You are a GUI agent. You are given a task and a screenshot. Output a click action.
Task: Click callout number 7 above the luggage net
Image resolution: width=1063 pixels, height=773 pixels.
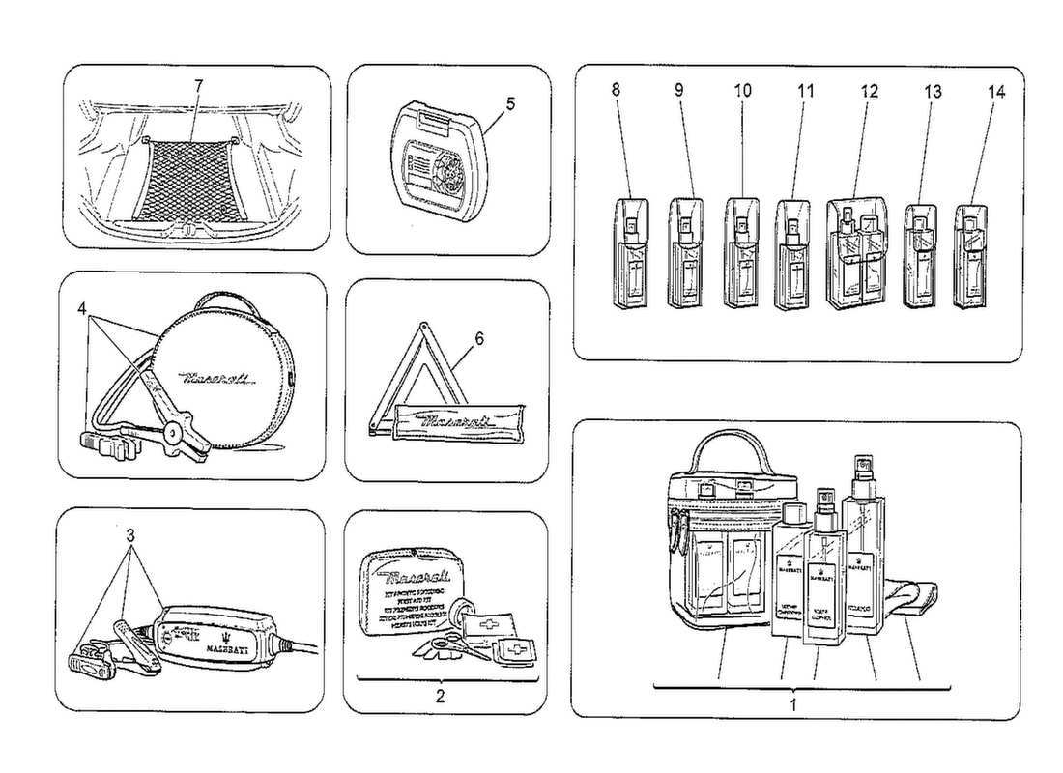197,86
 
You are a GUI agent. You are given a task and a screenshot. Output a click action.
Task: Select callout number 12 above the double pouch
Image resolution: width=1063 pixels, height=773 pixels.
870,91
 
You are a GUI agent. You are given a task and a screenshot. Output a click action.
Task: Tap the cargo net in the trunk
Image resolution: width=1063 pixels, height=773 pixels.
189,178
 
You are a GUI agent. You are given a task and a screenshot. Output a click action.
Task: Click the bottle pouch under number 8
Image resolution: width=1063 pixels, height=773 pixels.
628,253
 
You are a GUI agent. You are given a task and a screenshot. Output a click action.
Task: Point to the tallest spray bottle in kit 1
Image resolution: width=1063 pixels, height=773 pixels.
863,551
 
